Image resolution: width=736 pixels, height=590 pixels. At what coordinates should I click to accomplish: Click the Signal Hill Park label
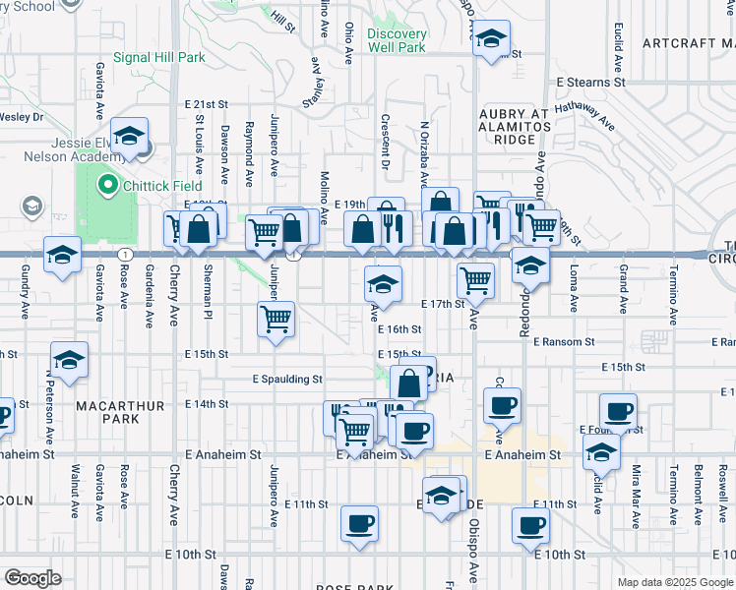[158, 57]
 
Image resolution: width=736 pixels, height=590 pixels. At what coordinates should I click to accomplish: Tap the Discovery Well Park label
[397, 40]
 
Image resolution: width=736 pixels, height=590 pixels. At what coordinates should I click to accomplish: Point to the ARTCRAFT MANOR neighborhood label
[688, 43]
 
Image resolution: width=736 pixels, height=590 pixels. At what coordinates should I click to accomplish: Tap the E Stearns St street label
[590, 84]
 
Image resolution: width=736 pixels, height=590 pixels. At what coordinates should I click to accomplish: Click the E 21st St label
[206, 103]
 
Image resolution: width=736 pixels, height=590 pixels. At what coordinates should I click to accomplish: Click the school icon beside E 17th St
[383, 284]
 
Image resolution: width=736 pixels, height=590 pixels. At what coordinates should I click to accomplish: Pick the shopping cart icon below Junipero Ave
[276, 319]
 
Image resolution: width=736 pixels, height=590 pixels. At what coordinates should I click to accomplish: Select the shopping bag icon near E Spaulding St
[408, 382]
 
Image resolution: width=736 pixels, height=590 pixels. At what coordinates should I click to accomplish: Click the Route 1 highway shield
[124, 254]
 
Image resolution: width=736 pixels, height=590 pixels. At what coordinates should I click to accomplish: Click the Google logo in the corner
[32, 578]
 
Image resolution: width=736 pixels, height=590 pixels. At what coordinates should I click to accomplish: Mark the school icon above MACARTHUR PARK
[69, 360]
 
